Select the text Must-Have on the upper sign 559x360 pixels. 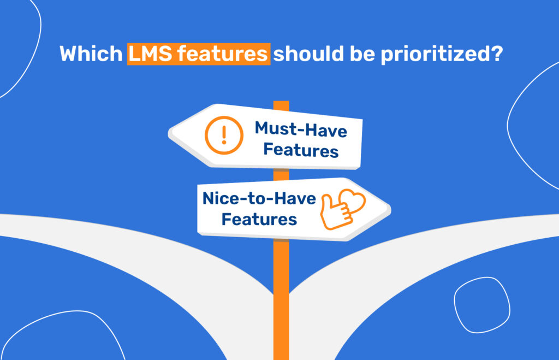click(x=301, y=129)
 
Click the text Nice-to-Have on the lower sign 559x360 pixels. click(x=259, y=198)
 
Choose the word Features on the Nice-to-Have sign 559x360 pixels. click(x=259, y=219)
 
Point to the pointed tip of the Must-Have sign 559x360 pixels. click(x=171, y=133)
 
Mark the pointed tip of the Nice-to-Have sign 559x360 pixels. click(x=389, y=209)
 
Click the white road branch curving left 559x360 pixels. click(x=109, y=240)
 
